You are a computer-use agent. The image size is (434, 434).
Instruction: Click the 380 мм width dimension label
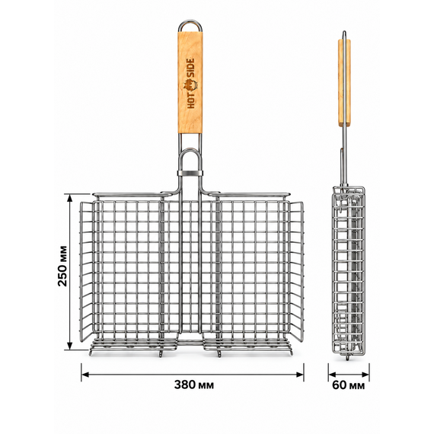tap(193, 385)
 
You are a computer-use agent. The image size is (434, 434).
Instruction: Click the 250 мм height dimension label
tap(63, 266)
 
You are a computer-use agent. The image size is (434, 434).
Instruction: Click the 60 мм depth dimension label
tap(348, 385)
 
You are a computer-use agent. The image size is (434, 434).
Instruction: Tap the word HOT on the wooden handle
tap(190, 100)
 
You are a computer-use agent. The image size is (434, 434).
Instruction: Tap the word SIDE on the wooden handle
tap(190, 69)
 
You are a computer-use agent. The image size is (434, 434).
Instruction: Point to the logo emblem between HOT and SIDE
tap(190, 85)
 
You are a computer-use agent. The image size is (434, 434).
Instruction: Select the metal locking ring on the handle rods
tap(190, 174)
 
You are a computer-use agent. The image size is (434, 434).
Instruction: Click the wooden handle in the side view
tap(344, 83)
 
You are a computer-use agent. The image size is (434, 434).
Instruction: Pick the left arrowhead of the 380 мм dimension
tap(85, 375)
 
